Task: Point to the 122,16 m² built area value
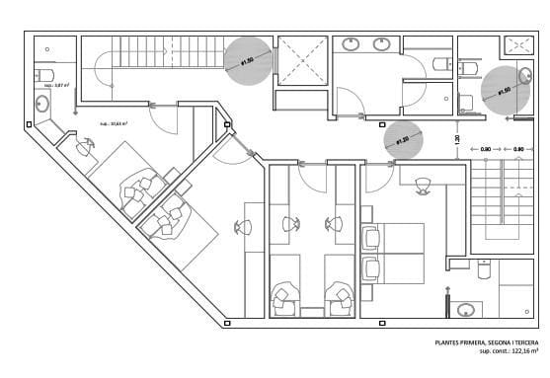pos(519,351)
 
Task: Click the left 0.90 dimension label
pos(485,149)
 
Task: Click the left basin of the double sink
pos(351,43)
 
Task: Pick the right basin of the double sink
pos(382,43)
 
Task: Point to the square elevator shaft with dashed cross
pos(300,59)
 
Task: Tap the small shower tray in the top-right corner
pos(517,44)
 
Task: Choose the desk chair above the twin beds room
pos(423,185)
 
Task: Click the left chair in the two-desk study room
pos(290,225)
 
